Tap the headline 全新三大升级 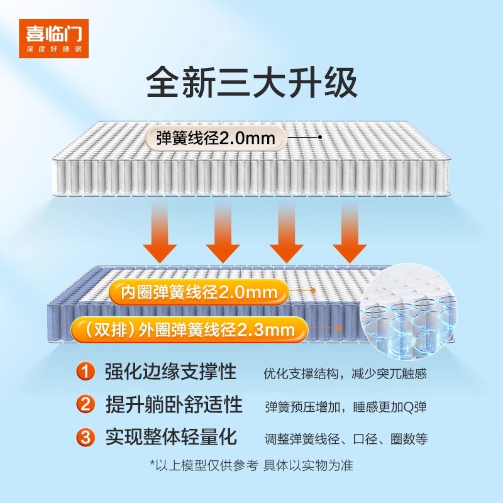251,83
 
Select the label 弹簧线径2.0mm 216,138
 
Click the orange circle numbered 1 86,372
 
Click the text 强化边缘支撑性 170,372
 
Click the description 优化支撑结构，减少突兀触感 345,373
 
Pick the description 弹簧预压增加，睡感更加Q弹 345,406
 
